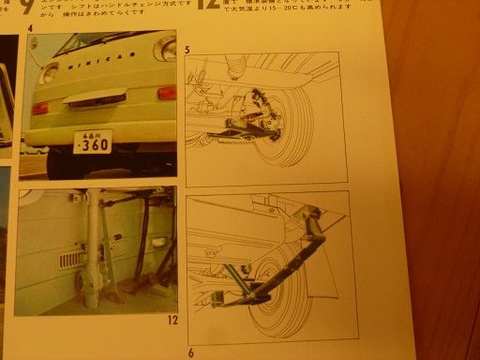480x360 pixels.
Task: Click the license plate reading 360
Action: click(92, 142)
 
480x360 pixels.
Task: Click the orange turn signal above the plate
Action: click(167, 93)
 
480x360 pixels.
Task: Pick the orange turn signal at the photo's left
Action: click(40, 108)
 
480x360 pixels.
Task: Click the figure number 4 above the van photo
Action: click(31, 27)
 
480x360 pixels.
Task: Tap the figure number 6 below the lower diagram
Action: click(190, 352)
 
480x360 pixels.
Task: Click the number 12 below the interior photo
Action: click(172, 320)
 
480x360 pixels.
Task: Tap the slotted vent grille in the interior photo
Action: click(75, 259)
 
